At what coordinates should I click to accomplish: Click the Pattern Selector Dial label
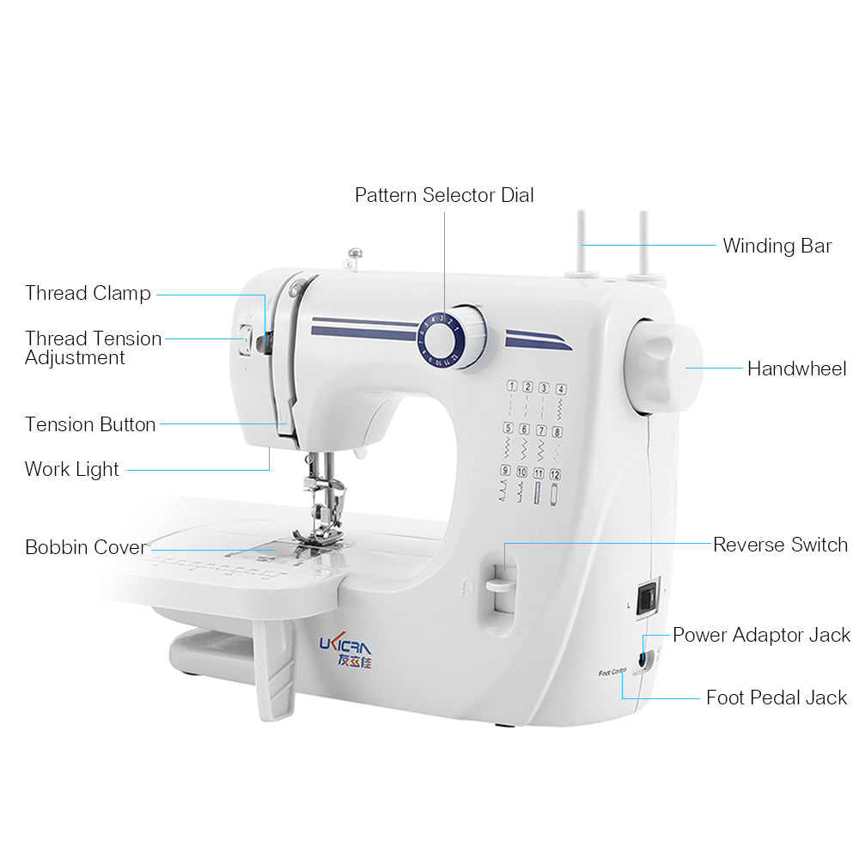[444, 195]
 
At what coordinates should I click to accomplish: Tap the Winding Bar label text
[777, 246]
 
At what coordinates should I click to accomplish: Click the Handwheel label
[796, 369]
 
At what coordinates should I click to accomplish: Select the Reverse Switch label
[780, 545]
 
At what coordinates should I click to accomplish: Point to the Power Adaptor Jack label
[761, 635]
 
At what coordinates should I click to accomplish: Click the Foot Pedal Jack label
[777, 698]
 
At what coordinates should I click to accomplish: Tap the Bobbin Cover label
[86, 547]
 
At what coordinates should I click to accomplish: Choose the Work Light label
[72, 469]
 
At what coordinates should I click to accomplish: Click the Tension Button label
[90, 424]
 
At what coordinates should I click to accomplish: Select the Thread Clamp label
[88, 293]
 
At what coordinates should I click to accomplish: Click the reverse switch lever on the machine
[498, 586]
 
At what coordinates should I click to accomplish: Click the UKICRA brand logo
[345, 649]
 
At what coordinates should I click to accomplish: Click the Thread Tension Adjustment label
[93, 348]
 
